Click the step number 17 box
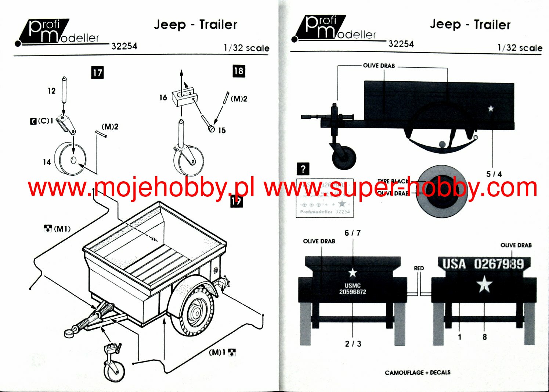[x=97, y=72]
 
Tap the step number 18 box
[x=238, y=71]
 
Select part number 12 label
[x=51, y=91]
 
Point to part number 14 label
[x=47, y=162]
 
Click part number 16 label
[x=163, y=97]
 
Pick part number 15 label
[x=222, y=131]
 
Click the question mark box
[x=303, y=169]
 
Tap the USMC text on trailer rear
[x=353, y=285]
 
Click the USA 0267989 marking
[x=483, y=264]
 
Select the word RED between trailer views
[x=419, y=268]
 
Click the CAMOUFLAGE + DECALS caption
[x=418, y=373]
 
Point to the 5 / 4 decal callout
[x=494, y=174]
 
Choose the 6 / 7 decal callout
[x=353, y=233]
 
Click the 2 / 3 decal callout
[x=353, y=344]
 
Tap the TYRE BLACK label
[x=393, y=181]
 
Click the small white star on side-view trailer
[x=491, y=108]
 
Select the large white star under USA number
[x=484, y=285]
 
